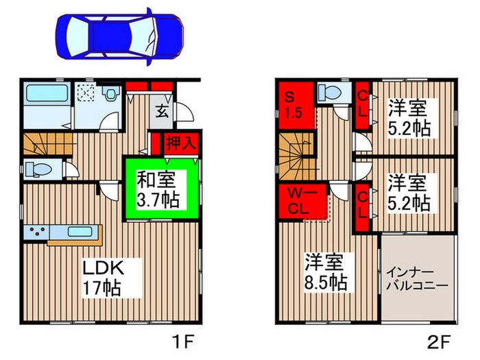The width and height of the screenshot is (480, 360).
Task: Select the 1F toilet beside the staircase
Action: (x=38, y=169)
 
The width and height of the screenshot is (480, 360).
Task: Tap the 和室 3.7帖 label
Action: (x=158, y=190)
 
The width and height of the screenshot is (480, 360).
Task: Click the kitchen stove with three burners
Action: (x=35, y=232)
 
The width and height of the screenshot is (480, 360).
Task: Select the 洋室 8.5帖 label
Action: (x=326, y=272)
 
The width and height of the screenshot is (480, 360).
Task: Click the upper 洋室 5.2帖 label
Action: (x=409, y=118)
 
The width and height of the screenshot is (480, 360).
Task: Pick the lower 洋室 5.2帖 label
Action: (x=409, y=193)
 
